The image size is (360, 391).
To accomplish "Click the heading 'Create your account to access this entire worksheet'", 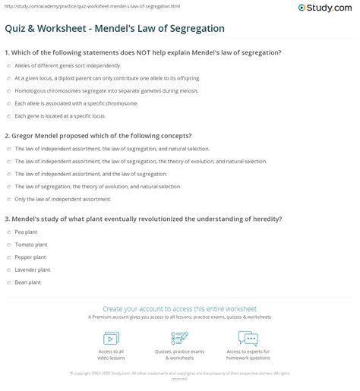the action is pos(180,308).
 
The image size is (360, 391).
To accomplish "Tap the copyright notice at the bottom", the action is pos(180,374).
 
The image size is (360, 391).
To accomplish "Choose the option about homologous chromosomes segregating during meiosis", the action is pos(84,90).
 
